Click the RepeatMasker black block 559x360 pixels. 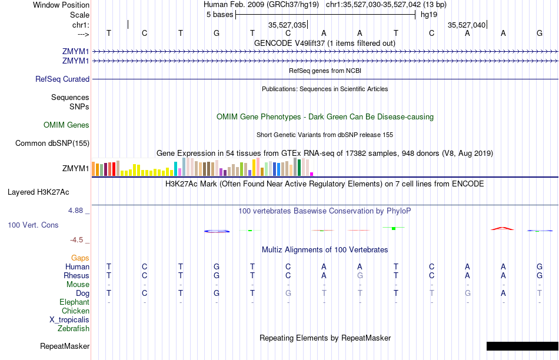(x=522, y=346)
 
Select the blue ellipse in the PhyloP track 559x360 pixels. (x=217, y=231)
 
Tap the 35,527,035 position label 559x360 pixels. (x=287, y=25)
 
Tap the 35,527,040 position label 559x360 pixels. (x=467, y=25)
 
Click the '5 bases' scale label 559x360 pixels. (x=219, y=15)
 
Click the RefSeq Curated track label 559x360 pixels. (x=62, y=79)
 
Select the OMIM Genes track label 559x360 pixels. (x=66, y=125)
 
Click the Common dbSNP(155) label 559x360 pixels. (x=52, y=143)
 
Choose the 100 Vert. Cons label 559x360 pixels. (x=33, y=225)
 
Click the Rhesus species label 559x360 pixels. (x=76, y=275)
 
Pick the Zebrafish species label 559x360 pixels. (x=74, y=328)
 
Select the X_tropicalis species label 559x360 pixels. (x=69, y=319)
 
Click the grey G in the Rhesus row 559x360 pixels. (x=360, y=275)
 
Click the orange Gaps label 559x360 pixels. (x=80, y=258)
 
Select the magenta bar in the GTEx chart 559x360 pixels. (x=312, y=174)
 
